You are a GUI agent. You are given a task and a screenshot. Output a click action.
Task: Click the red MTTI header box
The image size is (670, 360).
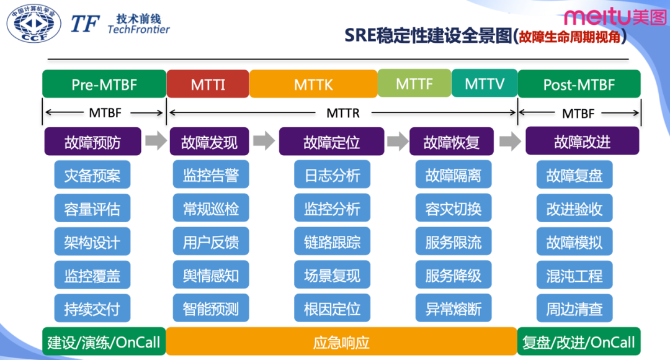[x=208, y=84]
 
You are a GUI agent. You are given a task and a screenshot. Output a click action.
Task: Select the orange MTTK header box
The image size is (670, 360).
[x=313, y=84]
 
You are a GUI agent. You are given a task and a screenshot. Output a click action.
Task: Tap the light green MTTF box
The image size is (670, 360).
[x=414, y=83]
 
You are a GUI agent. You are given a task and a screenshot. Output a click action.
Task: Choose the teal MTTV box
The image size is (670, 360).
[x=485, y=83]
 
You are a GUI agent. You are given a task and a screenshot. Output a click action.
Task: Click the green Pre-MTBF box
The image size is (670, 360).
[x=104, y=84]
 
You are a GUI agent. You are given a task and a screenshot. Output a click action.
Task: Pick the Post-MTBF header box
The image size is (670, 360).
[x=579, y=84]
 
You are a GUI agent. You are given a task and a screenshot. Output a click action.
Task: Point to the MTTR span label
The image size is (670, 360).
[x=342, y=113]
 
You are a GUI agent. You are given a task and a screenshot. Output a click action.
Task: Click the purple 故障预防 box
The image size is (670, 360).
[x=92, y=142]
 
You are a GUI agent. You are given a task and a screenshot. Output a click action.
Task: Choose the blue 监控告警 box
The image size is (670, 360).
[x=210, y=175]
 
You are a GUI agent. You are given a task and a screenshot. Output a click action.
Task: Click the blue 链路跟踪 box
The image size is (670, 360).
[x=332, y=242]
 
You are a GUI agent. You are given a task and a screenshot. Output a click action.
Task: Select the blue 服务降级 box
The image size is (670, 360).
[x=453, y=275]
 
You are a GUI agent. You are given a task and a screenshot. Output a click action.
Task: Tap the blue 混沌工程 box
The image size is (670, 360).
[x=574, y=275]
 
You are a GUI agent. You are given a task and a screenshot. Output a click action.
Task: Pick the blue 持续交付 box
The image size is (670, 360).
[x=92, y=308]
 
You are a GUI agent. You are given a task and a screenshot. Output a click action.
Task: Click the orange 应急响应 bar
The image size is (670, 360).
[x=341, y=341]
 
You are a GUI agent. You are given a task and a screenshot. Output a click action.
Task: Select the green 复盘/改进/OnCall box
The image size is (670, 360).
[x=579, y=341]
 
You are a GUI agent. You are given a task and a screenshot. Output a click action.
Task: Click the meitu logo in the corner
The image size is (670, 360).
[x=614, y=17]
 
